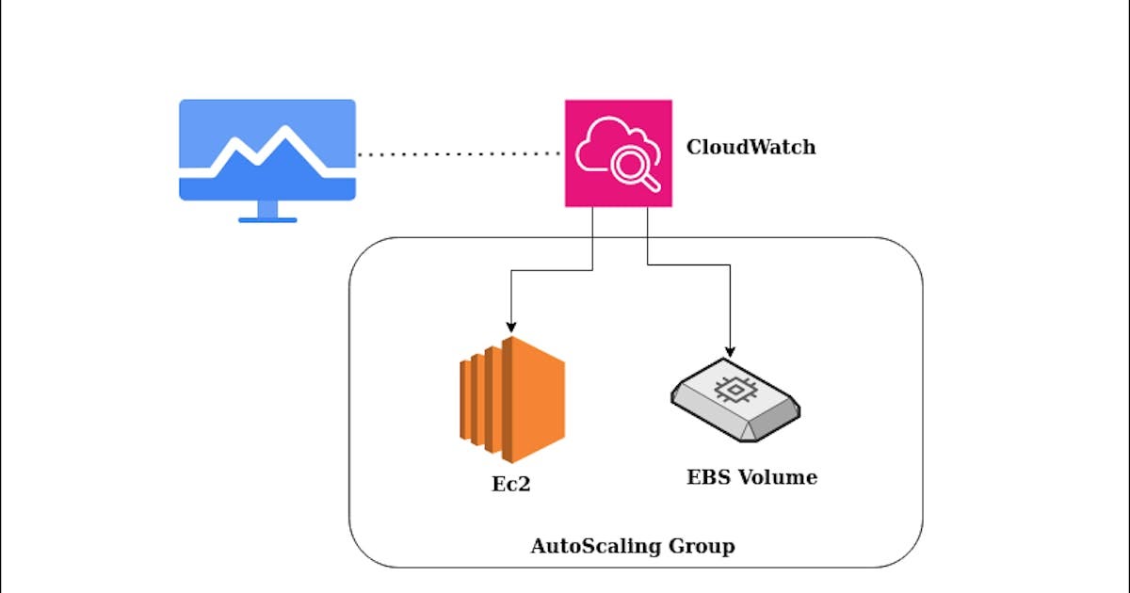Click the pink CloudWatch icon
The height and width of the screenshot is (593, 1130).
619,152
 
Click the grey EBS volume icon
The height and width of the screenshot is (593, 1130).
734,399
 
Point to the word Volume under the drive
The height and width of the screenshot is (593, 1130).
777,477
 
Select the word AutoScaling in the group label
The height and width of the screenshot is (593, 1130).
592,546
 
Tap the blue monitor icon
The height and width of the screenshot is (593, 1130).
267,151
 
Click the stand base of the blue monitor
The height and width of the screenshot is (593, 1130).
267,219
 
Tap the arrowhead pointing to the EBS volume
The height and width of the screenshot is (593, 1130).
730,351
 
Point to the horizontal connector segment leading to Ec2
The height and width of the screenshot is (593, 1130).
551,271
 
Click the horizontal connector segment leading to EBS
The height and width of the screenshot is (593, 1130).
687,264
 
